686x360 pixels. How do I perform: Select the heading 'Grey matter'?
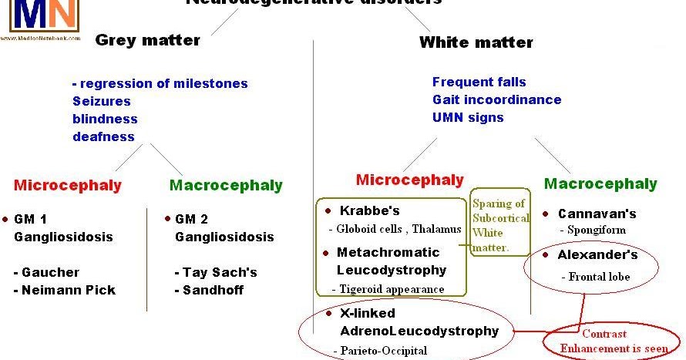(x=147, y=40)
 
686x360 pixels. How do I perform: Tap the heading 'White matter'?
(x=476, y=42)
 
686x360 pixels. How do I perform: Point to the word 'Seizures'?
(x=102, y=101)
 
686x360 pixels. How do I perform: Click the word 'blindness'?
(x=105, y=119)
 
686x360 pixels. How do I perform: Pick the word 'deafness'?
(x=103, y=136)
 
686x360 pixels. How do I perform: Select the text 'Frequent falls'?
(x=479, y=82)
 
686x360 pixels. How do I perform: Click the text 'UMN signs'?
(x=468, y=117)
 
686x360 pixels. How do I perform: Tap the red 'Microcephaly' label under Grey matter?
(x=67, y=185)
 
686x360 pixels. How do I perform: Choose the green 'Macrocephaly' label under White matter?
(x=600, y=183)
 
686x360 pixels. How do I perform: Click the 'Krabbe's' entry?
(x=368, y=210)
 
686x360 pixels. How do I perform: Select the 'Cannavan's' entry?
(x=597, y=214)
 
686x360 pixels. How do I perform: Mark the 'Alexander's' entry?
(x=597, y=254)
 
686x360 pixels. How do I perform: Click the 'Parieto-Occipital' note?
(x=379, y=350)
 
